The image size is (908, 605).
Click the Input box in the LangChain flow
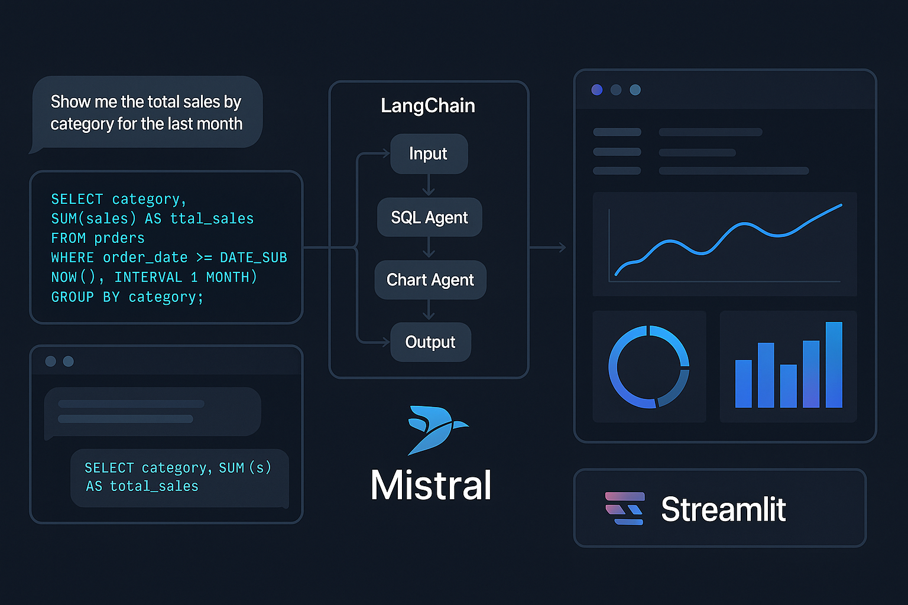[x=429, y=154]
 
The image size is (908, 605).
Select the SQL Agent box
[x=429, y=217]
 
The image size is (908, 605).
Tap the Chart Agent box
[x=430, y=279]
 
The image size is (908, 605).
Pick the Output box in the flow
[x=430, y=342]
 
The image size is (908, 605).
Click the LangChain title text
[x=428, y=106]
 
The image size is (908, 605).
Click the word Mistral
[x=431, y=486]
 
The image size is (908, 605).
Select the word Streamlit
[x=723, y=509]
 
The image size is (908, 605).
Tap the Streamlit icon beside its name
[x=625, y=509]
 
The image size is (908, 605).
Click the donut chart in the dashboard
[x=649, y=366]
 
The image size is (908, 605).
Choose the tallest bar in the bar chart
[x=834, y=365]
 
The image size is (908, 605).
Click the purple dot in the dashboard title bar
[x=597, y=90]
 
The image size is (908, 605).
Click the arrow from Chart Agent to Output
[x=429, y=310]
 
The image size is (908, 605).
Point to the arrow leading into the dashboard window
[x=549, y=248]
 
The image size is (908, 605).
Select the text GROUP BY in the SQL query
[x=85, y=297]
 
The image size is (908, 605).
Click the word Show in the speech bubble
[x=70, y=102]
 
